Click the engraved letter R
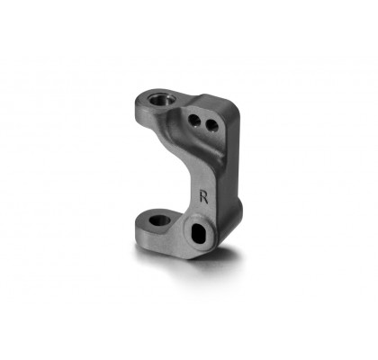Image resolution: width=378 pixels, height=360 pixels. (x=204, y=196)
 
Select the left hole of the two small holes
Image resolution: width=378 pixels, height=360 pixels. (x=194, y=121)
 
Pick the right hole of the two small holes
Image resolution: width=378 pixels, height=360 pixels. (x=211, y=125)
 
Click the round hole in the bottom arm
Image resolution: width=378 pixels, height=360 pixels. (x=159, y=220)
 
